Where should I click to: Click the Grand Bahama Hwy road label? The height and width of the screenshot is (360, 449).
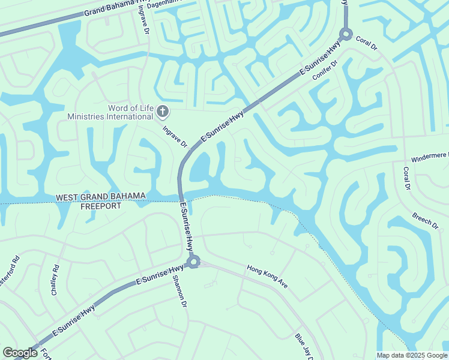point(114,9)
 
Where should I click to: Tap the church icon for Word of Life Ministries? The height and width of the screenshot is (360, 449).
point(163,111)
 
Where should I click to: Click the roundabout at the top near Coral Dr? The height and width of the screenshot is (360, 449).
point(346,34)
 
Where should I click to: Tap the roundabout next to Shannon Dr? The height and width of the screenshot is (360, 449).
point(193,262)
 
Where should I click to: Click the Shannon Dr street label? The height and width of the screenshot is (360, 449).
point(178,292)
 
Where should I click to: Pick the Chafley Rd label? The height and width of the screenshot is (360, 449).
point(55,280)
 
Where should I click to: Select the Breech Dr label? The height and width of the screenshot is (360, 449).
point(426,220)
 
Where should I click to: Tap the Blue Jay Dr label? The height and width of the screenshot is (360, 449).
point(304,347)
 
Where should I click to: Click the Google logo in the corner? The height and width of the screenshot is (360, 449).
point(20,353)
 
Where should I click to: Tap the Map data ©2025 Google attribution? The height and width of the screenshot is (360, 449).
point(412,355)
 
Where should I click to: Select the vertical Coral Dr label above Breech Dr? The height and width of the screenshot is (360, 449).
point(406,179)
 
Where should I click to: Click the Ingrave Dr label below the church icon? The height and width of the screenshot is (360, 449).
point(175,137)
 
